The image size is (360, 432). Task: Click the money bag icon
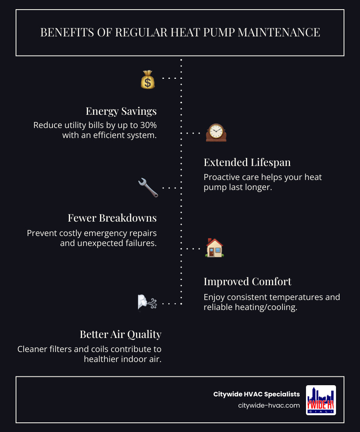(148, 79)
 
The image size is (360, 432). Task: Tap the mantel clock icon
(216, 132)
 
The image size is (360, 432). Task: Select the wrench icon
(148, 188)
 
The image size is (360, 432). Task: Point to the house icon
(215, 248)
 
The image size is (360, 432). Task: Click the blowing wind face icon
(147, 303)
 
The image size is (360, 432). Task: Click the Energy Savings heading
(121, 111)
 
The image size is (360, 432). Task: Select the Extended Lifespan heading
(247, 162)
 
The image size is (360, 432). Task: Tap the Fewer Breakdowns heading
(112, 218)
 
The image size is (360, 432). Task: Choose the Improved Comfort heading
(247, 282)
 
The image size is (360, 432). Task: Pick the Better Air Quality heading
(120, 334)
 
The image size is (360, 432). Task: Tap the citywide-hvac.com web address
(269, 405)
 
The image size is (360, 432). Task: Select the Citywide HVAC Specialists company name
(256, 394)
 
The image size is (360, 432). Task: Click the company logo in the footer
(321, 400)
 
